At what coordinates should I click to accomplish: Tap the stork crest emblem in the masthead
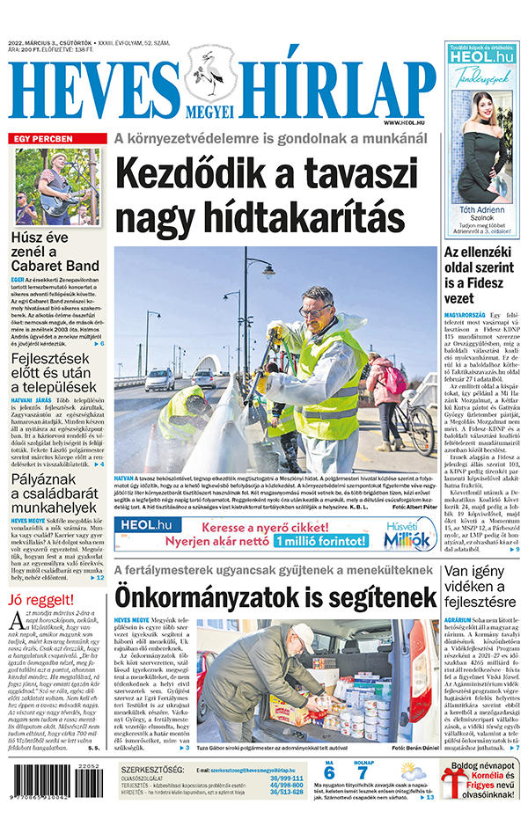pyautogui.click(x=209, y=77)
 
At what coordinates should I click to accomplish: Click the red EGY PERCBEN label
pyautogui.click(x=40, y=138)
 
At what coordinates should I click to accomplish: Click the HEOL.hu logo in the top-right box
pyautogui.click(x=480, y=56)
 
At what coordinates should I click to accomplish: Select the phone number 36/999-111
pyautogui.click(x=286, y=778)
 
